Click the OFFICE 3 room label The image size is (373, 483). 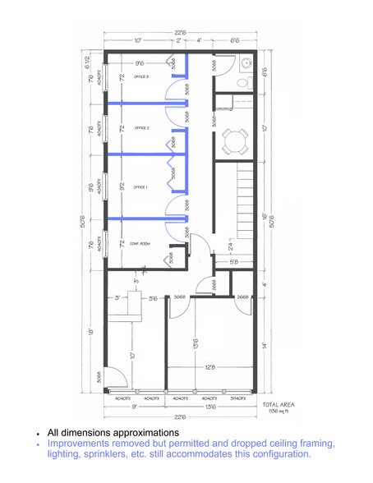tap(140, 76)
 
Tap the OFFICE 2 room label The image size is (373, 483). tap(140, 128)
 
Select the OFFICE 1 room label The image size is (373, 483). tap(140, 187)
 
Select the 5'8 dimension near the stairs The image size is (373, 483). tap(233, 262)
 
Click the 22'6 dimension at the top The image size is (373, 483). tap(179, 33)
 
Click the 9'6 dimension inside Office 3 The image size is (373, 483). tap(140, 62)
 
